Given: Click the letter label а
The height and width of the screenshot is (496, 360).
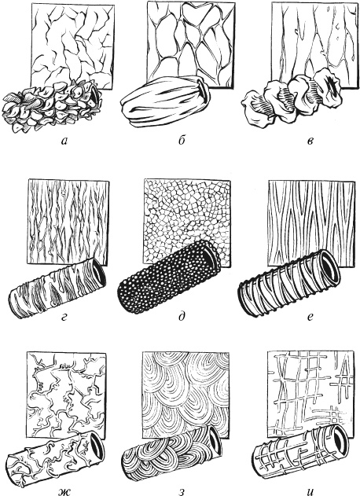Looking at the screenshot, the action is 64,141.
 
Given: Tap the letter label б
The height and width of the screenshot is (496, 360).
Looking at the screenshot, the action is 182,140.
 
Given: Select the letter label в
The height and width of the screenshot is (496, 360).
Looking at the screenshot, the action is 310,141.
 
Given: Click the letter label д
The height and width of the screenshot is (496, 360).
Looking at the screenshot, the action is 182,316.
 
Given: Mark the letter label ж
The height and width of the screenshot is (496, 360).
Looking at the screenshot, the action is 64,491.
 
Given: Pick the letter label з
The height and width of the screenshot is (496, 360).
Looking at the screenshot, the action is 182,492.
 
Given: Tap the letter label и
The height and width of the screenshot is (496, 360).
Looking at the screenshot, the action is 310,491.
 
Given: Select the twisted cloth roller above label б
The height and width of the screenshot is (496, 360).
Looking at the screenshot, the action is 164,101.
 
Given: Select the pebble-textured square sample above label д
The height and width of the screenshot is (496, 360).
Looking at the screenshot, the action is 187,221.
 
